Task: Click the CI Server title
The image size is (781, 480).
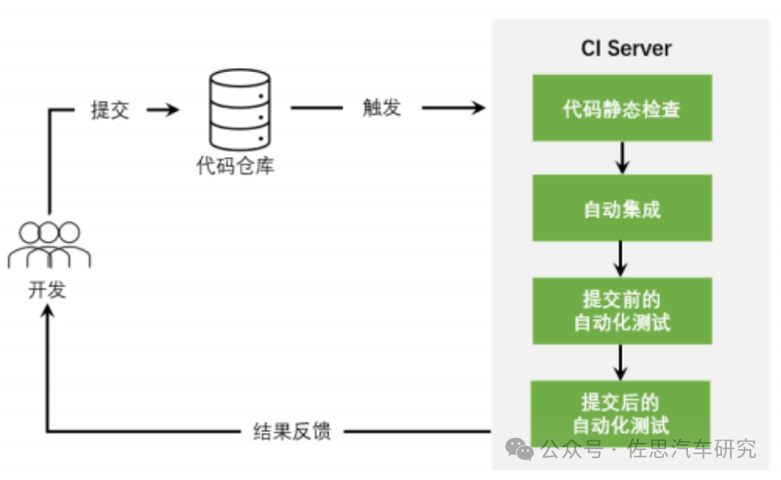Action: tap(626, 48)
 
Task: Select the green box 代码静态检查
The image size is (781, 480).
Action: tap(622, 108)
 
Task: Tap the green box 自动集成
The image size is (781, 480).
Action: tap(622, 209)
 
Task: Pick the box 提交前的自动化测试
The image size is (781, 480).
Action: tap(622, 311)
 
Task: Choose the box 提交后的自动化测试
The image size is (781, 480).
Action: tap(622, 411)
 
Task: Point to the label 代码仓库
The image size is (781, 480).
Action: tap(236, 166)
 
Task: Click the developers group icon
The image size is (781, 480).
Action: tap(49, 244)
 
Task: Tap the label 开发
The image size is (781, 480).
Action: tap(47, 289)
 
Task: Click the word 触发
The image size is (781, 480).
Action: tap(382, 108)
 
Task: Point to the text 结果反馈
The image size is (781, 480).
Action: tap(292, 431)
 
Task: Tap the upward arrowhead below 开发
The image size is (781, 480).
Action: tap(48, 314)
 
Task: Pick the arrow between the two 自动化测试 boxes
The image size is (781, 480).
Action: tap(622, 362)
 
